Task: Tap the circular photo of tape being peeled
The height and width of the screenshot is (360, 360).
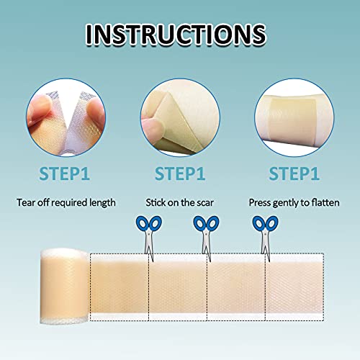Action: tap(179, 119)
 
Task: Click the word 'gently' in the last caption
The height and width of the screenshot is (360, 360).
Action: tap(287, 203)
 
